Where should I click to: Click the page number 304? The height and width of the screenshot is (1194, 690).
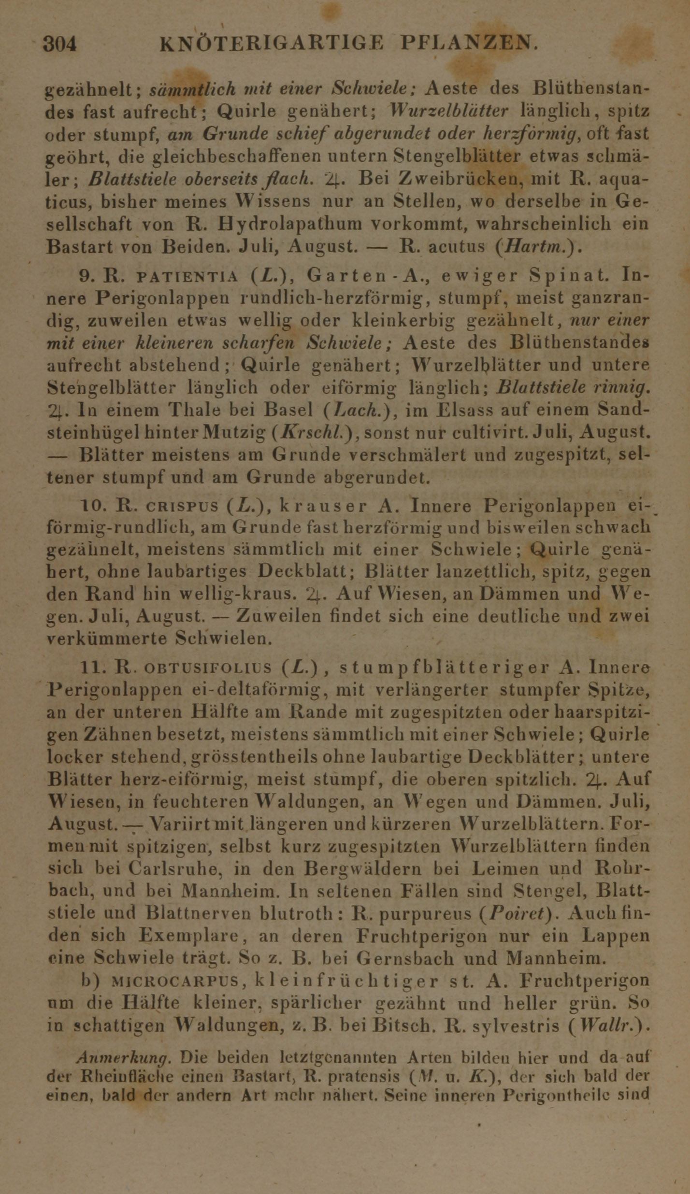tap(60, 44)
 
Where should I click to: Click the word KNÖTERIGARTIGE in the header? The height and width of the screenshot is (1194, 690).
tap(272, 44)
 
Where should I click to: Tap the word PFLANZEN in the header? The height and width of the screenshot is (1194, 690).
tap(468, 44)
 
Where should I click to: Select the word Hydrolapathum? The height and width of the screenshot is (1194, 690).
tap(290, 224)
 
